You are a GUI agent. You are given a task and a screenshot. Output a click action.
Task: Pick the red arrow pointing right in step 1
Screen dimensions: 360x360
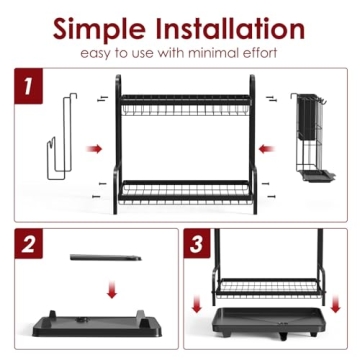(94, 149)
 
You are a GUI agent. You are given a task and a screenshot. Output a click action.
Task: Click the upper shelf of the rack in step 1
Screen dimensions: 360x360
(184, 108)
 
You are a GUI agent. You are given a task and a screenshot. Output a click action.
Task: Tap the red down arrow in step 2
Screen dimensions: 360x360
(111, 291)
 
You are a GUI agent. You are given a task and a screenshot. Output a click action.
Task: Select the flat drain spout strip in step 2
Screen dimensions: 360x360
(105, 258)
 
